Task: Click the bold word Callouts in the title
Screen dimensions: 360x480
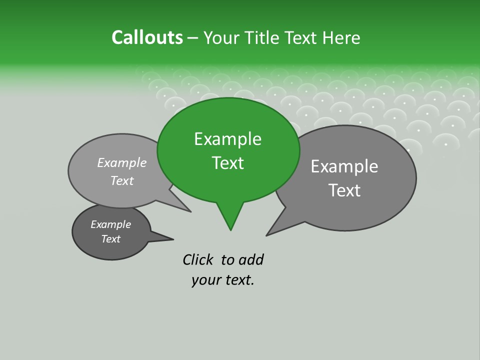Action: [147, 37]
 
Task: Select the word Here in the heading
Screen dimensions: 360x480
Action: [341, 37]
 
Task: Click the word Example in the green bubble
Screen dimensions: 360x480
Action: [227, 139]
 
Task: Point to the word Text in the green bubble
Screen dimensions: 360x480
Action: [227, 163]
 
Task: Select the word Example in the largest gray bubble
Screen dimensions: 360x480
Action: [344, 166]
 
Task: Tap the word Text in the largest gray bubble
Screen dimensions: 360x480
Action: [344, 190]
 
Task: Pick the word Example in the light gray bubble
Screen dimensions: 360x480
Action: [122, 162]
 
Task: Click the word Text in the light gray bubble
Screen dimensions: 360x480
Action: [122, 180]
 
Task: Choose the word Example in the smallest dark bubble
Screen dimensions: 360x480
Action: [110, 224]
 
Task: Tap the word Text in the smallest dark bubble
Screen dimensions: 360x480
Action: [110, 239]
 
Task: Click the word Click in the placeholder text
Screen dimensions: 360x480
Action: [197, 259]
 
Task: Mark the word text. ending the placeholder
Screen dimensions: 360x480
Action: [237, 280]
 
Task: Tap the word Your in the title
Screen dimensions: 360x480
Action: [220, 37]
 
